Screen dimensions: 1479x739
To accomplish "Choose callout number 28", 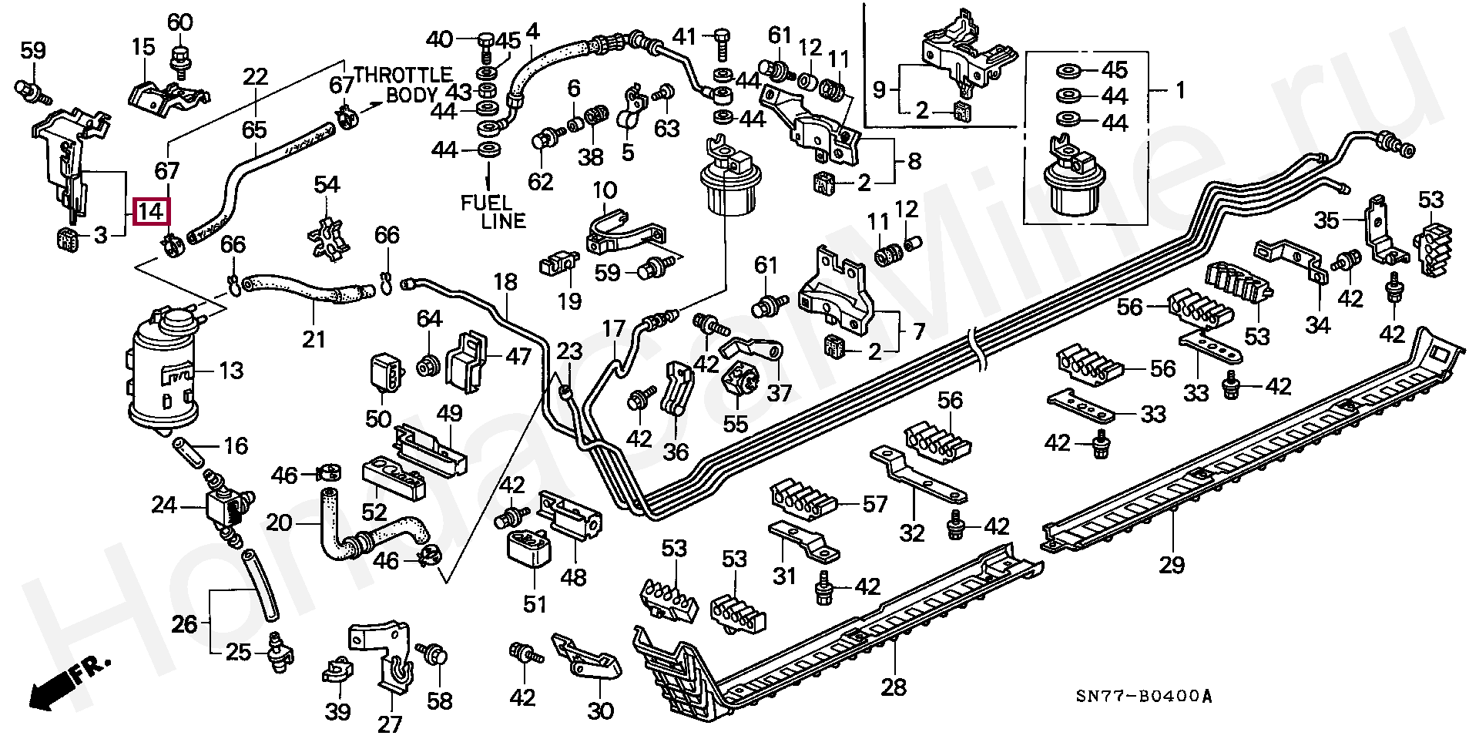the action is point(894,687).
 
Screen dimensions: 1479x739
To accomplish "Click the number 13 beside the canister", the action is point(230,371).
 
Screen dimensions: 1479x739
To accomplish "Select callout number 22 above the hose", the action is point(255,77).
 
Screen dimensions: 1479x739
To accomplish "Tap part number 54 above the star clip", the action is point(327,185).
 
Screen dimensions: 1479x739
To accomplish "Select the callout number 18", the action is point(506,281).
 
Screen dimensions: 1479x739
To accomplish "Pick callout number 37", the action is point(780,393).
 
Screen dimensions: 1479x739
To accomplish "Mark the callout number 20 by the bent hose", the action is point(280,524).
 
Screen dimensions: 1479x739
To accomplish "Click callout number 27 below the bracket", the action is point(390,724).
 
